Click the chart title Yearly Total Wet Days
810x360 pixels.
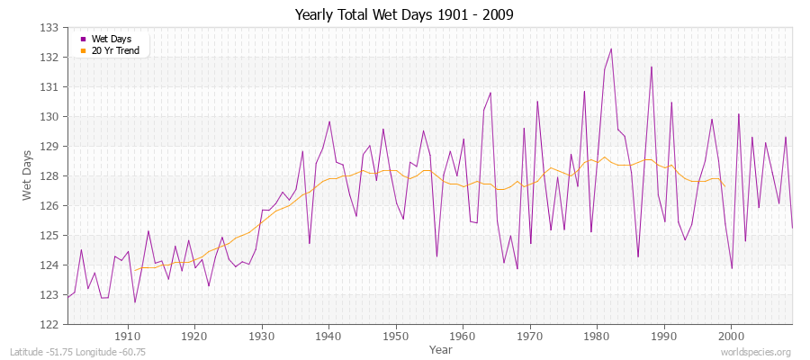[x=404, y=15]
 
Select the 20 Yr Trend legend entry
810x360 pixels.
[x=114, y=50]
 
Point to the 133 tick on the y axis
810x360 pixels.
[x=51, y=28]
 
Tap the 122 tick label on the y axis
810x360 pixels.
[x=51, y=324]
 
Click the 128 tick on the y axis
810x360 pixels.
[x=51, y=176]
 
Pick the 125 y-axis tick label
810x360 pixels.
[x=51, y=236]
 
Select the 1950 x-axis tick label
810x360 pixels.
[x=396, y=337]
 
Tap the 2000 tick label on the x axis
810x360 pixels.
[x=731, y=337]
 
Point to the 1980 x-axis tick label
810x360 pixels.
[x=597, y=337]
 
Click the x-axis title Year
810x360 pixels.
[x=441, y=349]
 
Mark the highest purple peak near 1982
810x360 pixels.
[x=610, y=49]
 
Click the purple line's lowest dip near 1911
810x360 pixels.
[x=135, y=302]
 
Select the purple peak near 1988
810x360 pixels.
[x=651, y=67]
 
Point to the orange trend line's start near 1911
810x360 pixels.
[x=135, y=270]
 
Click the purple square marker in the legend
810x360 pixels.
[x=84, y=39]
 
